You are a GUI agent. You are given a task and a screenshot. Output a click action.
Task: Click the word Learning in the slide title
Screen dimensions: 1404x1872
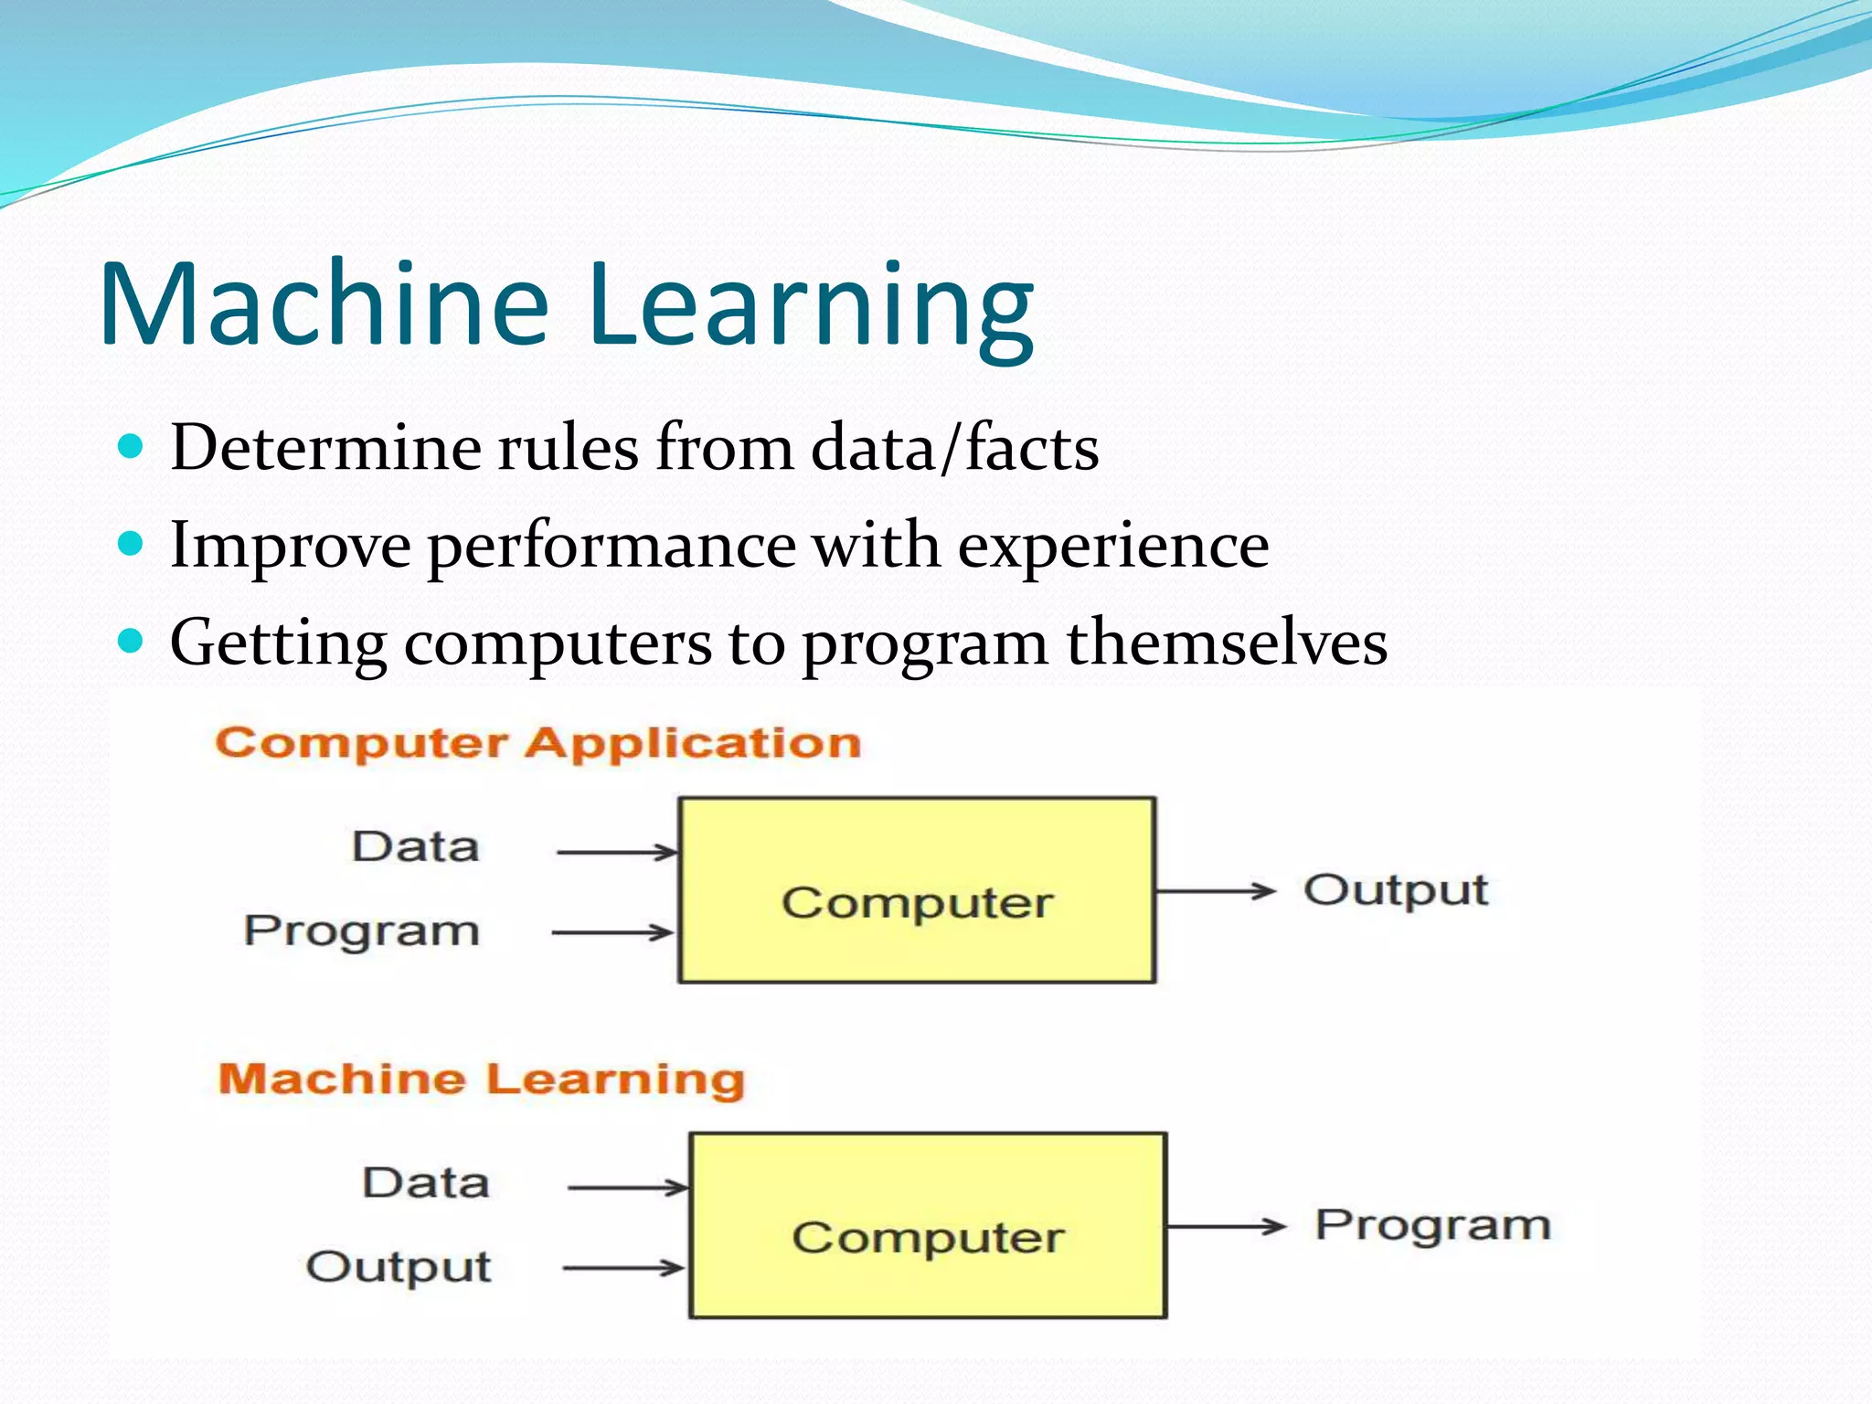coord(812,306)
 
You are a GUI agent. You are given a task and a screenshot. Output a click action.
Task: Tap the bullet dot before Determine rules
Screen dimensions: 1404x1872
coord(132,447)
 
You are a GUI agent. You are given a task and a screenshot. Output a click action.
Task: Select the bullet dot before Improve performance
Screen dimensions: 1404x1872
coord(132,545)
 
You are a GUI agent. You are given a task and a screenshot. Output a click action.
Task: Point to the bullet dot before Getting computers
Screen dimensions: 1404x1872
coord(132,642)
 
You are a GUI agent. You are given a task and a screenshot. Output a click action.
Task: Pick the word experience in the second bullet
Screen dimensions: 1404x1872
coord(1113,547)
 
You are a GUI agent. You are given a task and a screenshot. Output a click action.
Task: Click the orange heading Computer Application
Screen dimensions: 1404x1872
coord(537,742)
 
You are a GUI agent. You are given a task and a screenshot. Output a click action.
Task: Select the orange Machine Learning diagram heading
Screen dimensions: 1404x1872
coord(481,1079)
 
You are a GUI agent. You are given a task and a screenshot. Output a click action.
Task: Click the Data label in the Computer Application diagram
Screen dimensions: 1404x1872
coord(416,846)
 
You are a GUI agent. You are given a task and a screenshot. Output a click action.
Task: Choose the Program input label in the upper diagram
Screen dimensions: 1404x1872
coord(362,931)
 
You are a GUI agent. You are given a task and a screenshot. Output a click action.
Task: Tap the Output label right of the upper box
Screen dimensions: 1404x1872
coord(1396,890)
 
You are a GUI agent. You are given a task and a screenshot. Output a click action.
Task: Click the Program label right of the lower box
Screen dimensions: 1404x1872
coord(1432,1226)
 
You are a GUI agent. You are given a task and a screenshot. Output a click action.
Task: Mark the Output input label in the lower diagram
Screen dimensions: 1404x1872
coord(399,1268)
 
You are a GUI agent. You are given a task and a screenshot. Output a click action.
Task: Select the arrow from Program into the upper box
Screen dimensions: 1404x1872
coord(612,932)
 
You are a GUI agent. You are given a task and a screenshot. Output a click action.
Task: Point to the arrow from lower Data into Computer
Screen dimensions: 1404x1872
coord(627,1187)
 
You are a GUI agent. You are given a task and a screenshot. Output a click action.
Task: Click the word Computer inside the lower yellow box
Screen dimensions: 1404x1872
coord(928,1239)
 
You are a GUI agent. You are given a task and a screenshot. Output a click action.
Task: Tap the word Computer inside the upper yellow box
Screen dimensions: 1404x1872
coord(917,903)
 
